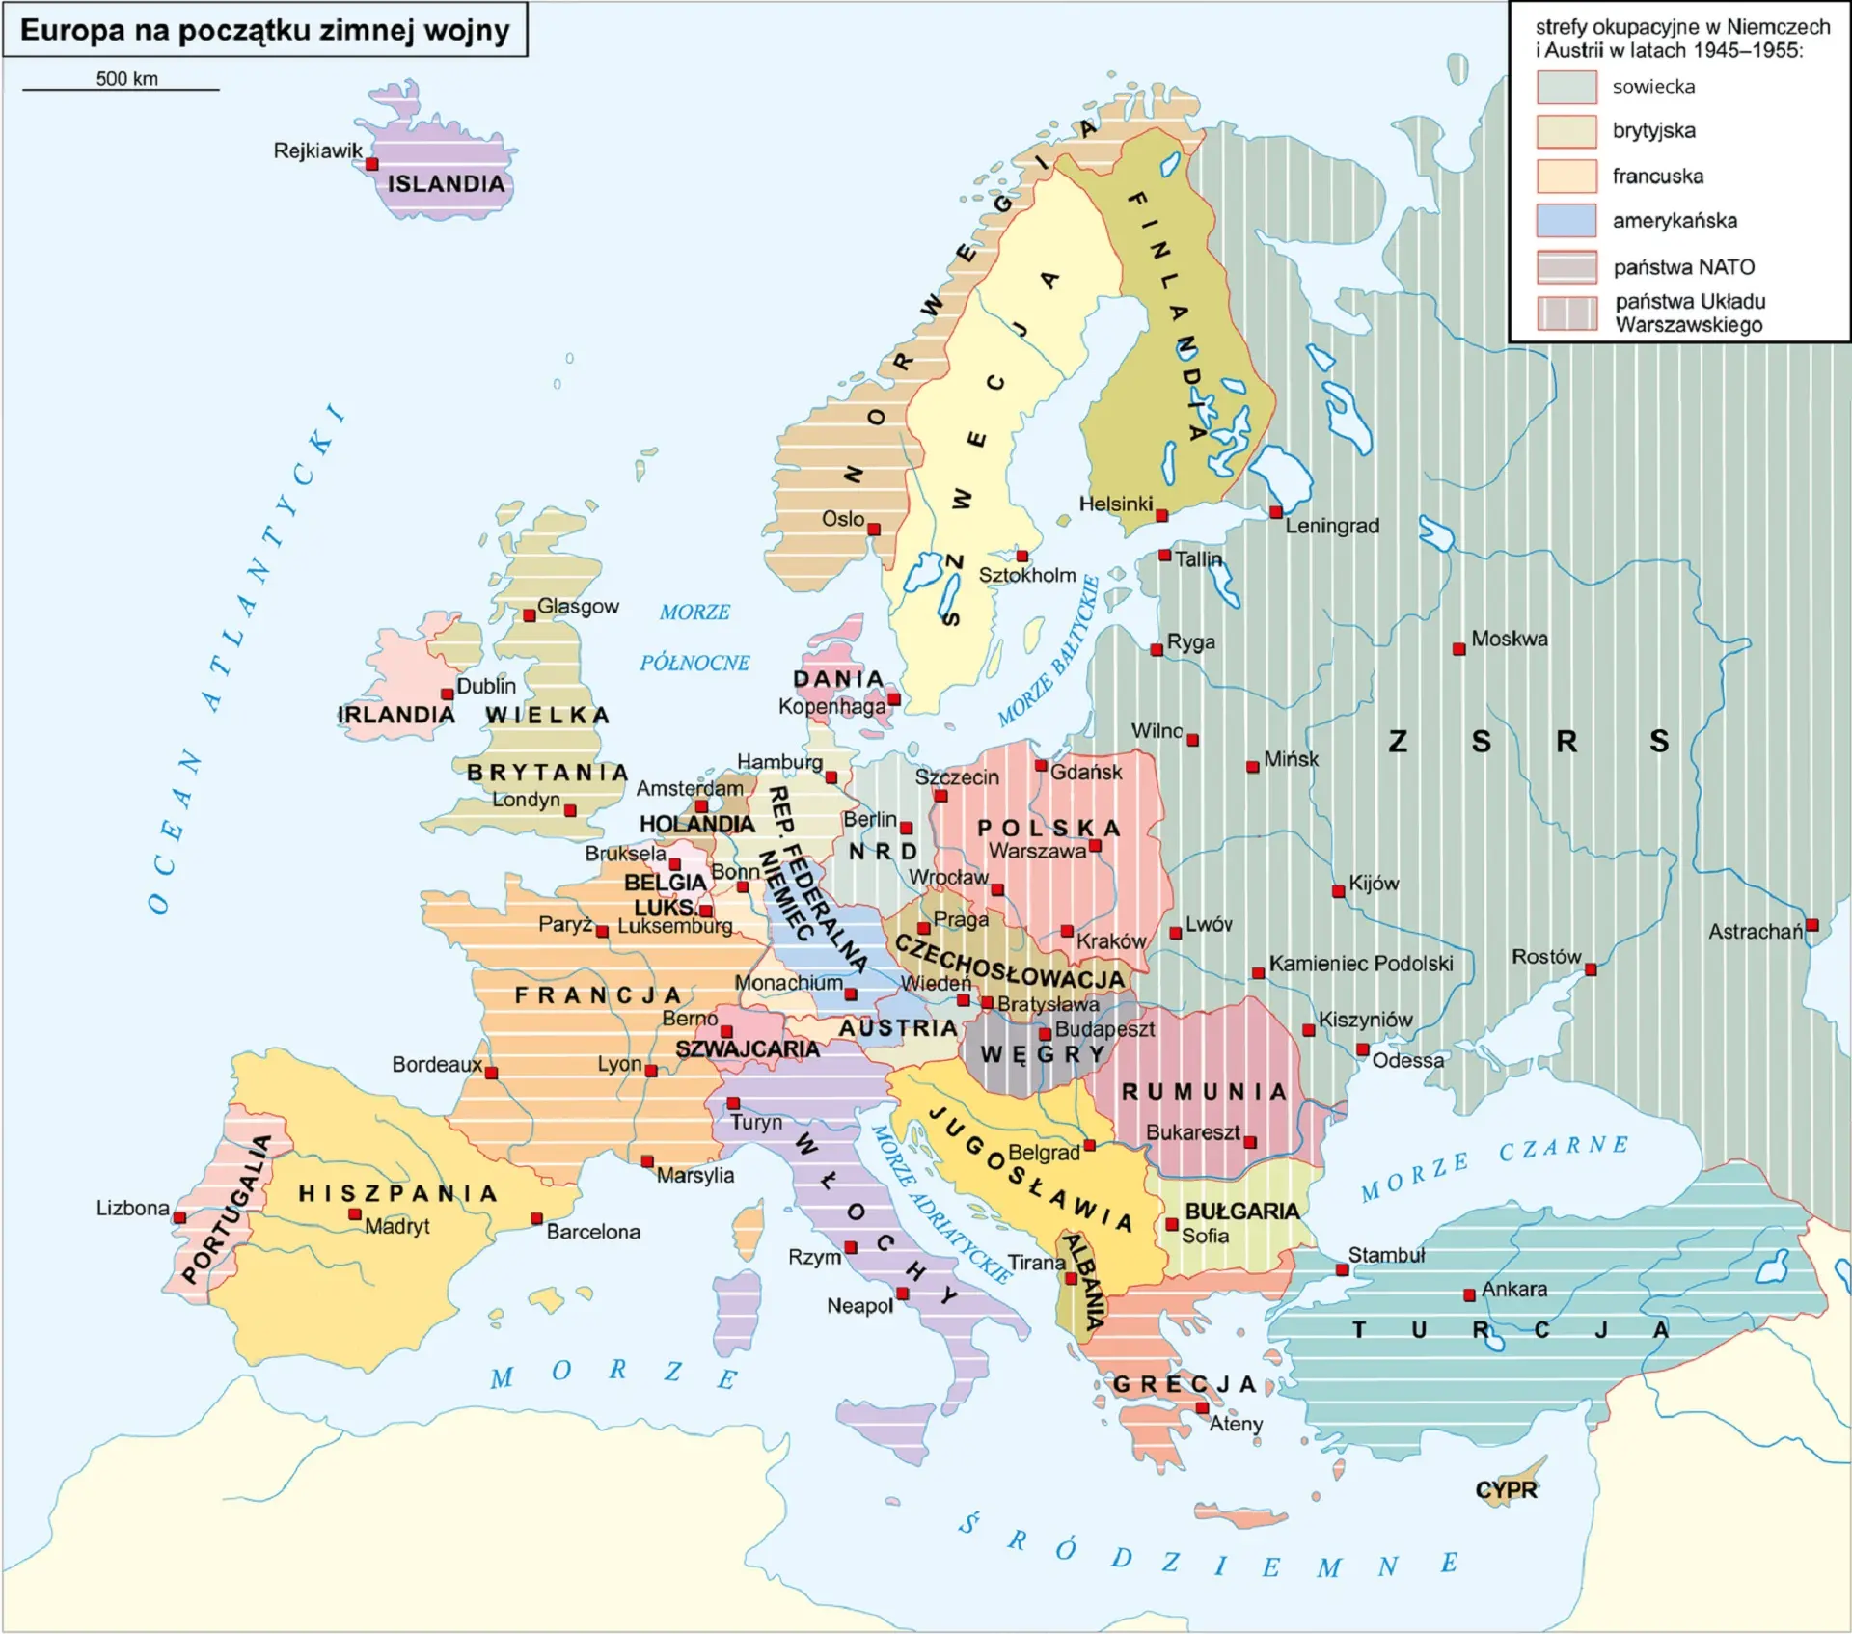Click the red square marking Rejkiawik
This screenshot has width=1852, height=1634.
click(x=371, y=165)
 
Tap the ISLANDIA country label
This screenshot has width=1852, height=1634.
click(x=446, y=183)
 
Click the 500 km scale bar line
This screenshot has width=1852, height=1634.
click(x=121, y=90)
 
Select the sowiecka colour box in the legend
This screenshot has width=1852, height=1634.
click(x=1566, y=87)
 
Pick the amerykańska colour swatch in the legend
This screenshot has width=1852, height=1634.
click(x=1566, y=220)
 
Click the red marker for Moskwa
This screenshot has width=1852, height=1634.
click(x=1458, y=649)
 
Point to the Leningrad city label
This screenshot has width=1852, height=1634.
click(x=1331, y=526)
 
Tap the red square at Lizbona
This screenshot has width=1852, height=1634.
click(x=179, y=1217)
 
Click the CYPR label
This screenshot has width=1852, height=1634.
click(x=1506, y=1489)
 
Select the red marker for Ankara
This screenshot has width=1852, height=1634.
click(x=1469, y=1294)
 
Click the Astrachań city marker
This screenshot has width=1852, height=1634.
click(x=1811, y=925)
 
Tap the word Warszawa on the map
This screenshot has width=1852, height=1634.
click(x=1037, y=851)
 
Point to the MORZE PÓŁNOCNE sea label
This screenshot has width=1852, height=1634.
click(x=694, y=637)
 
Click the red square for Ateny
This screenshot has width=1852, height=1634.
click(x=1202, y=1408)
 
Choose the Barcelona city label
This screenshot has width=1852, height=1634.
click(x=592, y=1232)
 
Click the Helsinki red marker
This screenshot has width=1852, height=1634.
click(x=1161, y=516)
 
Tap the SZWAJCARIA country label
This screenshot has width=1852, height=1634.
click(x=747, y=1048)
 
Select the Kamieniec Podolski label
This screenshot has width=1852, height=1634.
click(x=1360, y=964)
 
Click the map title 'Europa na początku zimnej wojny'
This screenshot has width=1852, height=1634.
click(x=264, y=30)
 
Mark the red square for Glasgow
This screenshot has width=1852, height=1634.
click(x=529, y=615)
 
